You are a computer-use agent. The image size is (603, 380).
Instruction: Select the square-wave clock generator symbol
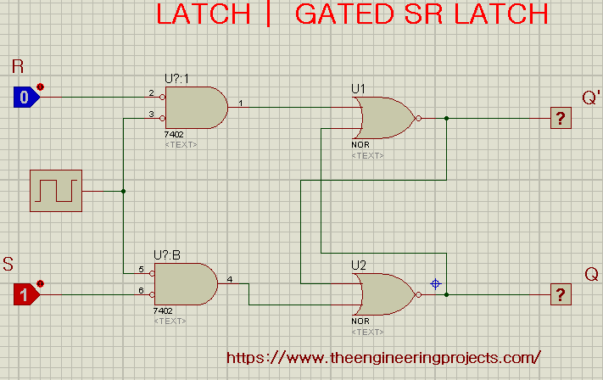(x=56, y=191)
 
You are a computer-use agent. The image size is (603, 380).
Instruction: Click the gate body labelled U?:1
(x=196, y=108)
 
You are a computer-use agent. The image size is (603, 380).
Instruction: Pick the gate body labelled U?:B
(x=186, y=284)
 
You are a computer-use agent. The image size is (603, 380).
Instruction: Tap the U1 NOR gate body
(x=384, y=118)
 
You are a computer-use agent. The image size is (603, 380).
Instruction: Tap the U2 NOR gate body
(x=384, y=294)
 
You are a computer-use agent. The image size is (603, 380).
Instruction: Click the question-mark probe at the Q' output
(x=561, y=118)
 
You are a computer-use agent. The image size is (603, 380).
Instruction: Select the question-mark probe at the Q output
(x=561, y=294)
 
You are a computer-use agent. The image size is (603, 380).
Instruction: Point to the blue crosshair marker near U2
(x=435, y=284)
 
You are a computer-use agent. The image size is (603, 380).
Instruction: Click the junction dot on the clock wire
(x=124, y=191)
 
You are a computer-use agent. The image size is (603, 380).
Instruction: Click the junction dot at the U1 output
(x=446, y=118)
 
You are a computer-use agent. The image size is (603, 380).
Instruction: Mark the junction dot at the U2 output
(x=446, y=294)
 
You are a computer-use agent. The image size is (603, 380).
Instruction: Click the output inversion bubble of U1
(x=418, y=118)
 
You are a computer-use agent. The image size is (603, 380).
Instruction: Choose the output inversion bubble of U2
(x=418, y=294)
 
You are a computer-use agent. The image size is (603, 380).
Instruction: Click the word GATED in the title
(x=344, y=14)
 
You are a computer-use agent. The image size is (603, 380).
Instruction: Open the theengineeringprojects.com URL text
(x=383, y=358)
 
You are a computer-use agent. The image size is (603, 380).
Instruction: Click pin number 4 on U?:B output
(x=230, y=279)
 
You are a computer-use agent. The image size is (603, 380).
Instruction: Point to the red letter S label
(x=8, y=265)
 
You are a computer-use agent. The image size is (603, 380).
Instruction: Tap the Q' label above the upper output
(x=591, y=98)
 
